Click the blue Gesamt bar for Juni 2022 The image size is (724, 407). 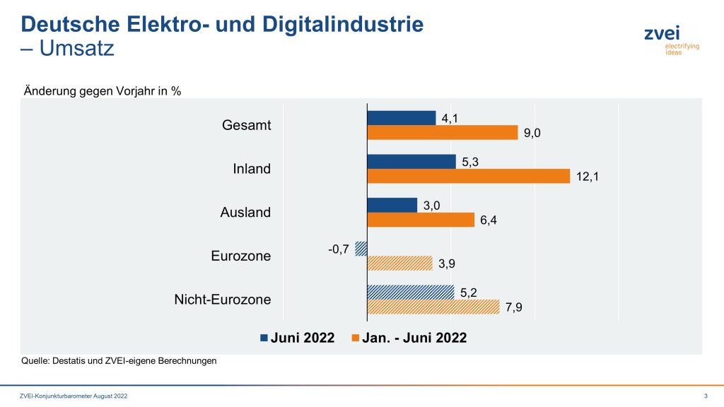[x=401, y=118]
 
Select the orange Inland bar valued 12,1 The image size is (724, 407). [x=468, y=176]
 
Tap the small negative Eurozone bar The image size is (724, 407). [x=361, y=248]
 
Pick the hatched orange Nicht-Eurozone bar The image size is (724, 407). [x=433, y=307]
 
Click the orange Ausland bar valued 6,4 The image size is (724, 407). [x=420, y=220]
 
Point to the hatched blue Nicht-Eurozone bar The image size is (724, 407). [x=410, y=292]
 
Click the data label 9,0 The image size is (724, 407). [x=532, y=133]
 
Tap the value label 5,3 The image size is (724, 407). [x=471, y=163]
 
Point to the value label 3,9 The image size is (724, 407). [x=446, y=264]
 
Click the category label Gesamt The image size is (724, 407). [x=246, y=125]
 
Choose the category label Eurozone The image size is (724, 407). [x=240, y=256]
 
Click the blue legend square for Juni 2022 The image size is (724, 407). [x=264, y=338]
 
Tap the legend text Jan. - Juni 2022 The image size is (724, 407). [x=414, y=338]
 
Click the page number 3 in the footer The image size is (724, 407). [x=706, y=395]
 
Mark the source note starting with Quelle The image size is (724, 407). [x=119, y=361]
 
